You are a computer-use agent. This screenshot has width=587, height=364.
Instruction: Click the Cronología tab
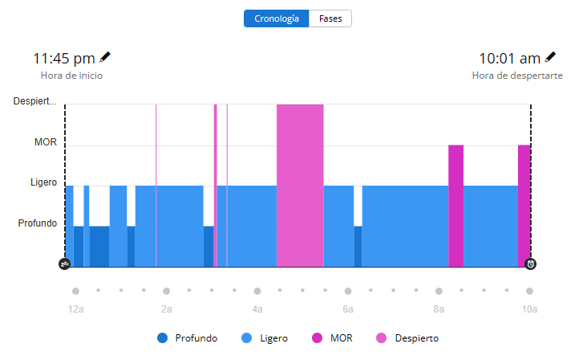pyautogui.click(x=276, y=18)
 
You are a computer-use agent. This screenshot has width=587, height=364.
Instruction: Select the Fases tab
pyautogui.click(x=330, y=18)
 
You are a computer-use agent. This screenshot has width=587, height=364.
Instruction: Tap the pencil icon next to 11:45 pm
pyautogui.click(x=105, y=57)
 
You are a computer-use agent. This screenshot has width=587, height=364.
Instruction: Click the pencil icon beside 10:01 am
pyautogui.click(x=550, y=57)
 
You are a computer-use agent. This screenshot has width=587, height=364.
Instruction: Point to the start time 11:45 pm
pyautogui.click(x=63, y=59)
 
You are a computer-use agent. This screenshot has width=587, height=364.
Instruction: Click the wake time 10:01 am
pyautogui.click(x=509, y=59)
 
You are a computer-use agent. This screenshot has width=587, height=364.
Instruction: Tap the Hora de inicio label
pyautogui.click(x=71, y=76)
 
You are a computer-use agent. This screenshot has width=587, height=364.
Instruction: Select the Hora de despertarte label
pyautogui.click(x=517, y=76)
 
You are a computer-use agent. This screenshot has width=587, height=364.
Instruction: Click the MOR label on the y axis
pyautogui.click(x=46, y=142)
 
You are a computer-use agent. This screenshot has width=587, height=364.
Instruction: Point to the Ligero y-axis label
pyautogui.click(x=43, y=182)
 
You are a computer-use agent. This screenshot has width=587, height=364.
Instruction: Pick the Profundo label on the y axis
pyautogui.click(x=38, y=223)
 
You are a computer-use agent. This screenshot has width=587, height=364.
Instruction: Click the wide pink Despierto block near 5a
pyautogui.click(x=300, y=185)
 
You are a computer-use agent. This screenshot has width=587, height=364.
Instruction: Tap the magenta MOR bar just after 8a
pyautogui.click(x=455, y=205)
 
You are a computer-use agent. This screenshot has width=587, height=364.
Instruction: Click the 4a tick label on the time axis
pyautogui.click(x=257, y=309)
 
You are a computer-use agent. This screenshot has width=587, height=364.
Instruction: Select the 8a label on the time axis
pyautogui.click(x=439, y=309)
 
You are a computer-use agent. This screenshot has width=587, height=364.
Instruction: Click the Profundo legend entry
pyautogui.click(x=188, y=338)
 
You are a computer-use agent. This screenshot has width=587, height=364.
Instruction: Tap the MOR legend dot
pyautogui.click(x=317, y=338)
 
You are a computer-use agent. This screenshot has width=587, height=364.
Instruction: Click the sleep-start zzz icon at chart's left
pyautogui.click(x=65, y=264)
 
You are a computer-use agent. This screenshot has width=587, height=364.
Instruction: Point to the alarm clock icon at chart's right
pyautogui.click(x=530, y=264)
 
